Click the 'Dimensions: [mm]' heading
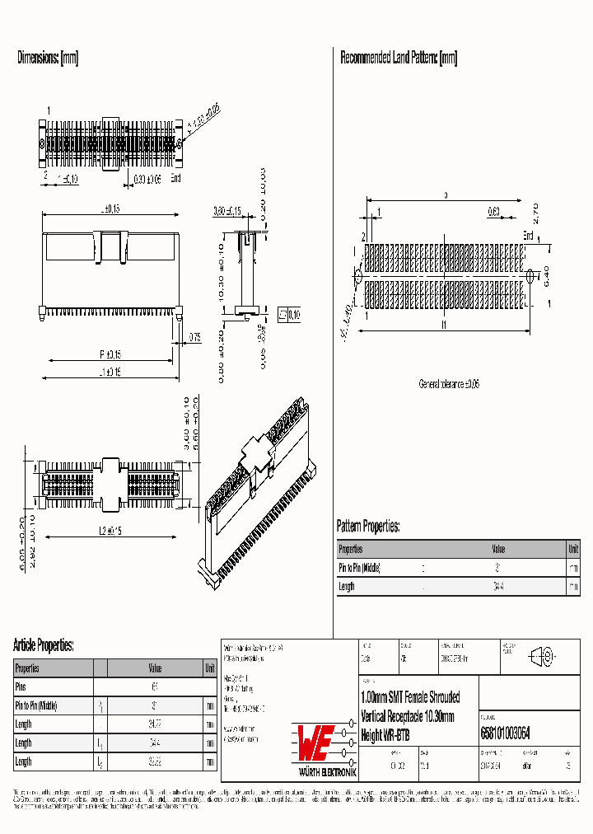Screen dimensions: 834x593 [48, 58]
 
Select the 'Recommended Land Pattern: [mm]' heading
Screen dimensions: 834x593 [399, 58]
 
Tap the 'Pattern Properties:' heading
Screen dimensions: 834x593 [368, 526]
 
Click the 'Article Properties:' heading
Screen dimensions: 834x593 [44, 644]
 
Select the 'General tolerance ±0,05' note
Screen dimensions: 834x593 [449, 384]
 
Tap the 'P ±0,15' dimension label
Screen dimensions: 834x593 [110, 354]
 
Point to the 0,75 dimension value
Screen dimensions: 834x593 [194, 335]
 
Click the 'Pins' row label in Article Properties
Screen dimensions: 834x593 [21, 686]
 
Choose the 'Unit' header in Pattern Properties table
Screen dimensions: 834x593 [572, 549]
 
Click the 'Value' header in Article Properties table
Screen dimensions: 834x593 [155, 668]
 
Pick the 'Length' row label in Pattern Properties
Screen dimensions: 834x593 [347, 586]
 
